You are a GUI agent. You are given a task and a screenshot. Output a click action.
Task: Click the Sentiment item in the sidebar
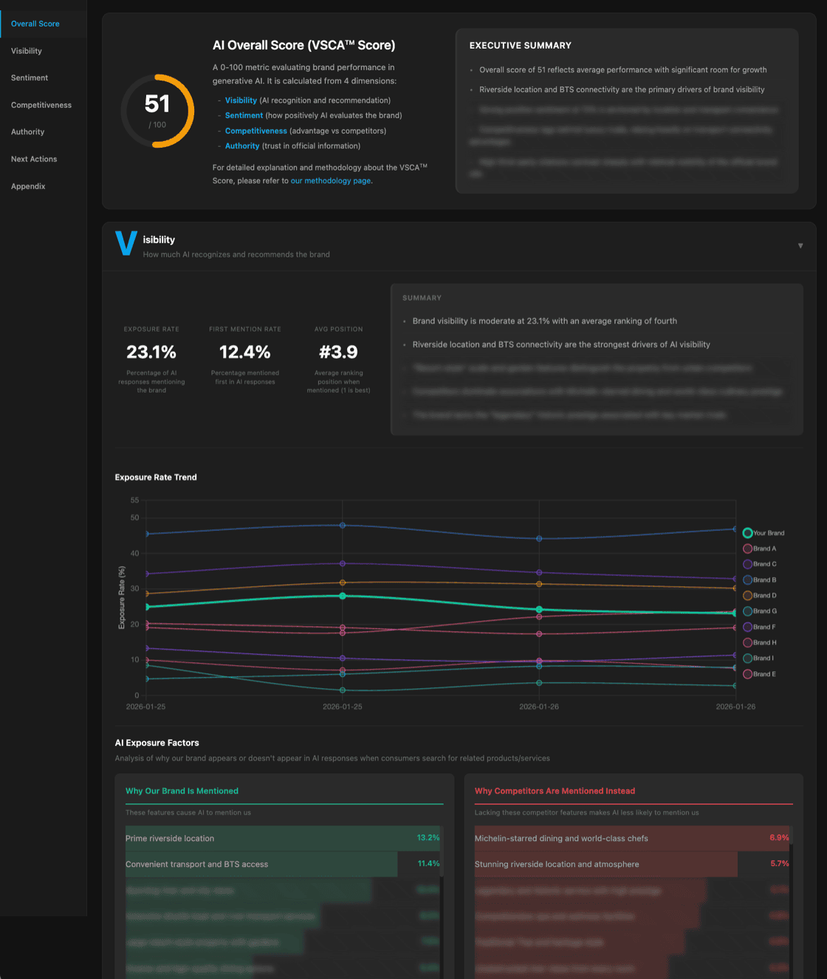point(30,78)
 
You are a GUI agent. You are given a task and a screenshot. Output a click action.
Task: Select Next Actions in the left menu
point(34,159)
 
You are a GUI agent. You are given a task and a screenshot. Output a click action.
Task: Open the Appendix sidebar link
point(28,186)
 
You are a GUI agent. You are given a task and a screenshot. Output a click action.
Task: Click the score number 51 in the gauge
point(157,104)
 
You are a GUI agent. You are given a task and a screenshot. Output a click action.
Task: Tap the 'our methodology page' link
point(331,181)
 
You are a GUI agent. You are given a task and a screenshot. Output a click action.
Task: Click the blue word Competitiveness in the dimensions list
point(255,131)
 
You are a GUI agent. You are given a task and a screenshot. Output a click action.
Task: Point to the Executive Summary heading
point(521,46)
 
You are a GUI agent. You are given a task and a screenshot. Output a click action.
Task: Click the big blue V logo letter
point(126,243)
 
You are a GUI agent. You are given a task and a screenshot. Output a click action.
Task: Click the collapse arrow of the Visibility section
point(800,246)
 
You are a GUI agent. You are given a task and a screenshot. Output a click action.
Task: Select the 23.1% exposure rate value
point(151,352)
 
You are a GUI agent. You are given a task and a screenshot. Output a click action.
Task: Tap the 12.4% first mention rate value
point(245,352)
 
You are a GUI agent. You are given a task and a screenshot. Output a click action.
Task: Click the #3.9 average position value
point(338,352)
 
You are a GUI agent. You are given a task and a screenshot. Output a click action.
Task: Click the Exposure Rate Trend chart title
point(156,478)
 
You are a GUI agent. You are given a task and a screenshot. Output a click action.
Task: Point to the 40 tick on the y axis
point(135,553)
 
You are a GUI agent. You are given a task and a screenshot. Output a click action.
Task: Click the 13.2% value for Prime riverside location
point(428,837)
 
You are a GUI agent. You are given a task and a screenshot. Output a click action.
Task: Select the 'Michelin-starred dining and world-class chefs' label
point(561,839)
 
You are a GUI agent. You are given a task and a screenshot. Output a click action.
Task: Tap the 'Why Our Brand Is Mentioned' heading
point(182,791)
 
